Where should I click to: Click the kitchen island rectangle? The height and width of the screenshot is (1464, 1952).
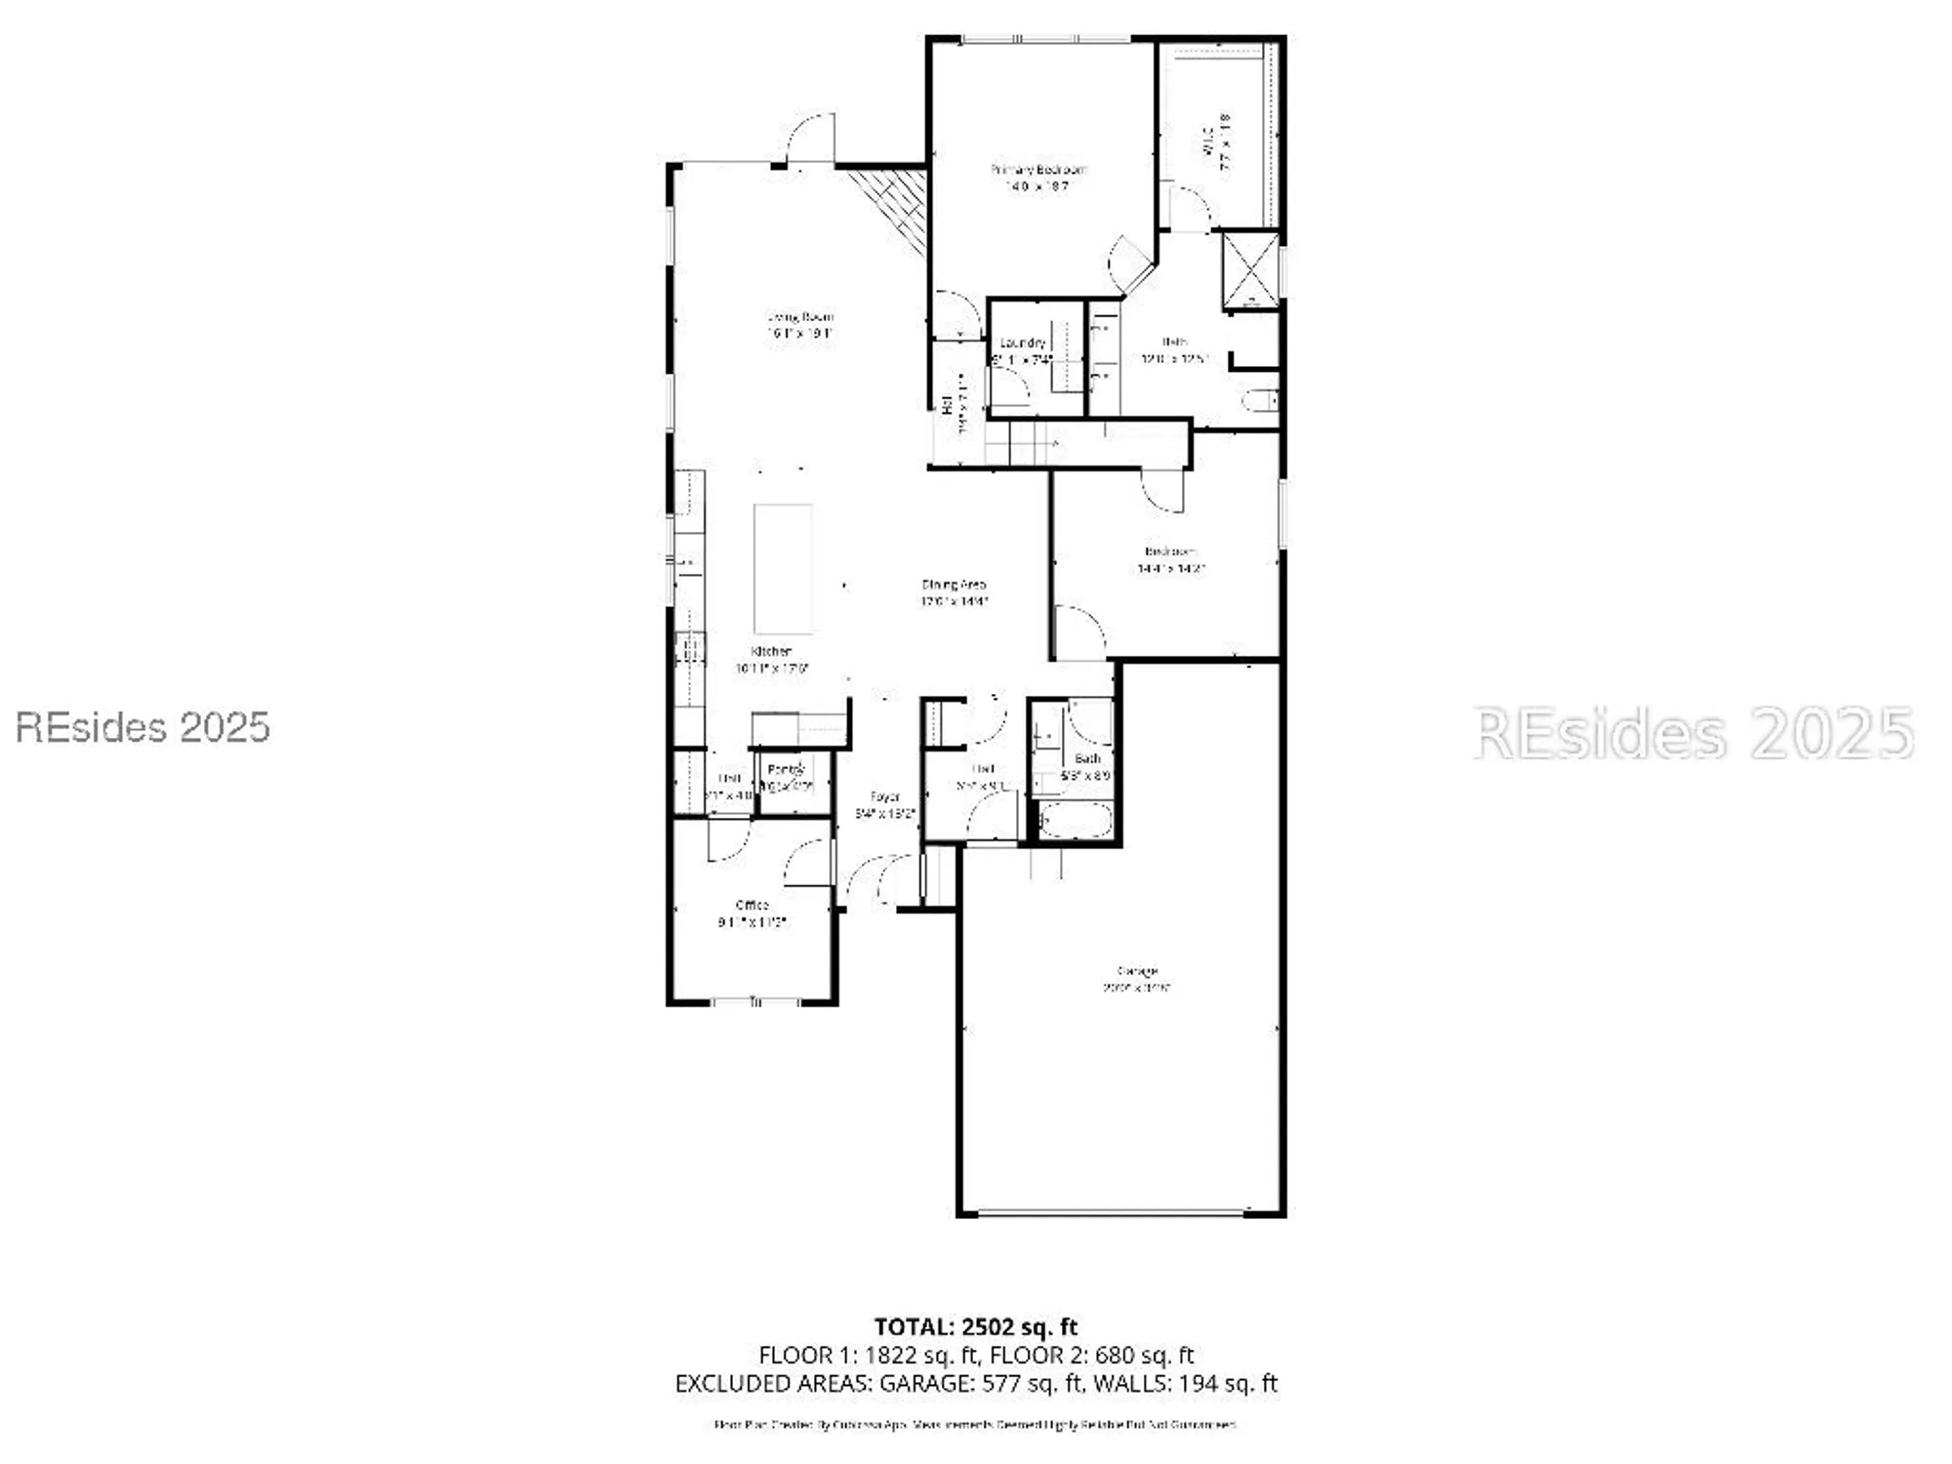[x=783, y=568]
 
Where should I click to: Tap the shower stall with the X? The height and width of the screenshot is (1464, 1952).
[x=1250, y=270]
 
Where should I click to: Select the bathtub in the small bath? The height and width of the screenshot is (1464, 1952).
[x=1075, y=821]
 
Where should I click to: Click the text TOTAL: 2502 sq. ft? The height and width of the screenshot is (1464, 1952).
[x=975, y=1326]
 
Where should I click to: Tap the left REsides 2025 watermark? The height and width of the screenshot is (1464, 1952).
[x=142, y=727]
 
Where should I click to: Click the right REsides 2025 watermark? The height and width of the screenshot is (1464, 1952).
[x=1693, y=733]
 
